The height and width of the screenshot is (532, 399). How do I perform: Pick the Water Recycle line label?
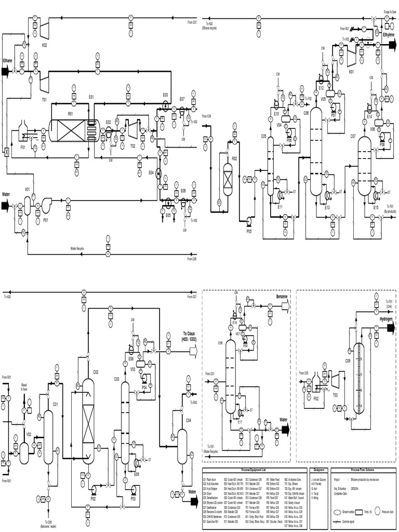pos(77,249)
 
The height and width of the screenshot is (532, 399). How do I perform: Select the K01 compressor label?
pos(351,72)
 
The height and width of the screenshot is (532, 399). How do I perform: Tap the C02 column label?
pos(96,372)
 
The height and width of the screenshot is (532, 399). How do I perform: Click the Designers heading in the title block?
pos(319,469)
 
